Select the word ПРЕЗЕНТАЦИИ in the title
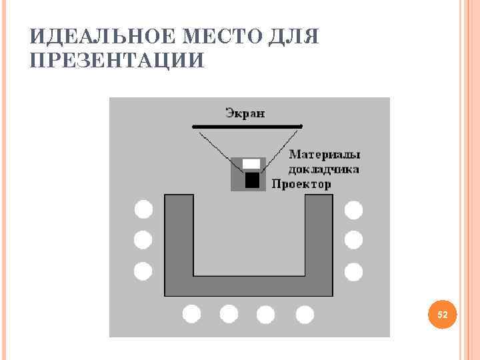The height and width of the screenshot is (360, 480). pos(117,61)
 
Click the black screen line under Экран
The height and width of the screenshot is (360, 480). pos(247,126)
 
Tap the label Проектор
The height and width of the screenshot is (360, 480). pos(301,184)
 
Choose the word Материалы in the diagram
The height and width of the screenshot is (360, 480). pos(325,154)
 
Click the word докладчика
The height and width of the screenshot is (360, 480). pos(325,169)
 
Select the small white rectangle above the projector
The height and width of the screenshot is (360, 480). pos(251,163)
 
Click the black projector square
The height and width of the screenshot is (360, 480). pos(252,180)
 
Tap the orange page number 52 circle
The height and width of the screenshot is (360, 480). pos(441,313)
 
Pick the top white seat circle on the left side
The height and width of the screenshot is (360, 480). pos(143,209)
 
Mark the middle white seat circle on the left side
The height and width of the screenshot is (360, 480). pos(143,239)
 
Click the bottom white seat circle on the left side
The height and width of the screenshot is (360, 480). pos(143,271)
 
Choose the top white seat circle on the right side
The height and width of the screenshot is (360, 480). pos(353,211)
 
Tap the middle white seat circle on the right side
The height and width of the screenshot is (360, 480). pos(353,239)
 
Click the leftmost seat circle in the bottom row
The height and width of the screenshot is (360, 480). pos(191,313)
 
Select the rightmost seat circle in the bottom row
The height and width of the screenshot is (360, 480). pos(305,314)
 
